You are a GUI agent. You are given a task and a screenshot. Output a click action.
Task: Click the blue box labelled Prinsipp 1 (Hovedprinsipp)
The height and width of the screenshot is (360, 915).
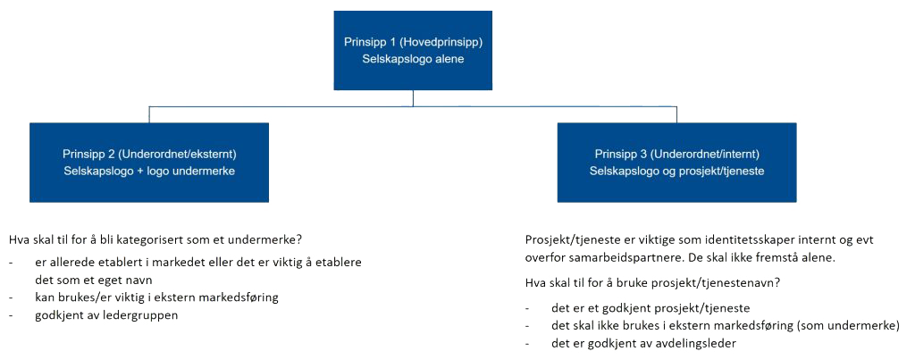click(x=413, y=50)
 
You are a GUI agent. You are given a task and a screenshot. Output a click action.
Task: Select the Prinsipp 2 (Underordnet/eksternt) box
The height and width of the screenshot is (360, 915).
click(x=148, y=162)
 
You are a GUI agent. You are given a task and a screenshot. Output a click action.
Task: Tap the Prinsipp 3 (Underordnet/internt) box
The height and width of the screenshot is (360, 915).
click(x=676, y=162)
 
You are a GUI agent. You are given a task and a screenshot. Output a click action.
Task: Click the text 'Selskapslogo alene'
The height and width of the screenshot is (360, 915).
click(x=413, y=59)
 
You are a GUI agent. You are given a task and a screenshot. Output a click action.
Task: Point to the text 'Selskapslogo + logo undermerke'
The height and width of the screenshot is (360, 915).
click(x=148, y=171)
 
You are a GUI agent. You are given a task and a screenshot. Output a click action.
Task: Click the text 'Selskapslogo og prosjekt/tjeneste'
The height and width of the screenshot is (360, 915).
click(x=676, y=171)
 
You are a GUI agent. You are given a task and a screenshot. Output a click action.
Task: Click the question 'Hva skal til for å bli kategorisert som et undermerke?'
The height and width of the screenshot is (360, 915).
click(x=155, y=240)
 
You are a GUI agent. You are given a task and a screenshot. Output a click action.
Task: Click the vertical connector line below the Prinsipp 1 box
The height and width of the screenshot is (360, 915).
click(x=413, y=98)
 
